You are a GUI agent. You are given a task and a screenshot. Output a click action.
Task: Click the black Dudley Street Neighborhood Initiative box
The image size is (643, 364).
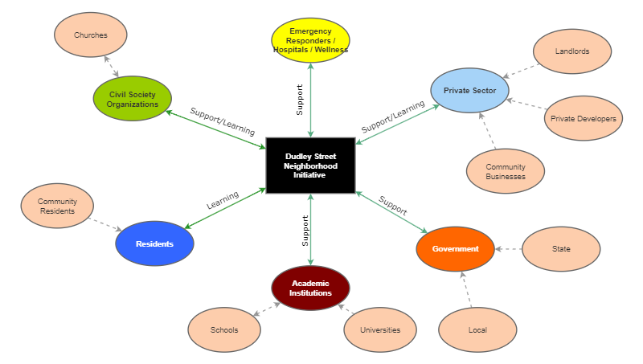(x=310, y=165)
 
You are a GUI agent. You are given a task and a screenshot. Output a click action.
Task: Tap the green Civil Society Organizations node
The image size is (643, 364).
(x=133, y=99)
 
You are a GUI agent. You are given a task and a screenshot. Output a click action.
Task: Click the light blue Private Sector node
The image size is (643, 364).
(x=469, y=91)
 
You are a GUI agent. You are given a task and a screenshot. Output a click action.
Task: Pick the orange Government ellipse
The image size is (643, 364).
(x=455, y=249)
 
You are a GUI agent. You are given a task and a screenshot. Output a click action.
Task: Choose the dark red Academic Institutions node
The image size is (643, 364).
(x=311, y=288)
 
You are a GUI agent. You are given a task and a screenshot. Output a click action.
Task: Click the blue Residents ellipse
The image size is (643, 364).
(x=154, y=243)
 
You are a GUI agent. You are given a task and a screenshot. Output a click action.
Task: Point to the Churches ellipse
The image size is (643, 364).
(x=90, y=35)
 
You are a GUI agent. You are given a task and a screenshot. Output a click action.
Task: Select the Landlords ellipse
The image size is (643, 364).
(x=572, y=51)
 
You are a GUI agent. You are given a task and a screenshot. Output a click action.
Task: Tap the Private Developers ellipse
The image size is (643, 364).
(x=583, y=119)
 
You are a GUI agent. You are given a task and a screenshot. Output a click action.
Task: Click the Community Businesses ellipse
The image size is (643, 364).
(x=506, y=171)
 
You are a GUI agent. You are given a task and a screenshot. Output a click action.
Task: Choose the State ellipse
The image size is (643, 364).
(x=561, y=249)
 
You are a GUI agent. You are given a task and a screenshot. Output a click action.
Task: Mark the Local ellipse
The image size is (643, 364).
(x=477, y=330)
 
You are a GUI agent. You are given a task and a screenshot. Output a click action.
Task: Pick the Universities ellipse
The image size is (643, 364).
(x=380, y=330)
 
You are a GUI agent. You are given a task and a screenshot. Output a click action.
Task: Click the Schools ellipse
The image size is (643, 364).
(x=224, y=330)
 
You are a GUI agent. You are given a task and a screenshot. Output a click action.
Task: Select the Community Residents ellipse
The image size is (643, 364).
(x=56, y=206)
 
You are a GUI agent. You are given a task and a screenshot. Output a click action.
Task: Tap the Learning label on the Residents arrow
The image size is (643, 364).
(x=223, y=200)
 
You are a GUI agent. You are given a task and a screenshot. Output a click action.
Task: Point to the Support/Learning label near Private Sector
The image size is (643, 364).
(x=393, y=117)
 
